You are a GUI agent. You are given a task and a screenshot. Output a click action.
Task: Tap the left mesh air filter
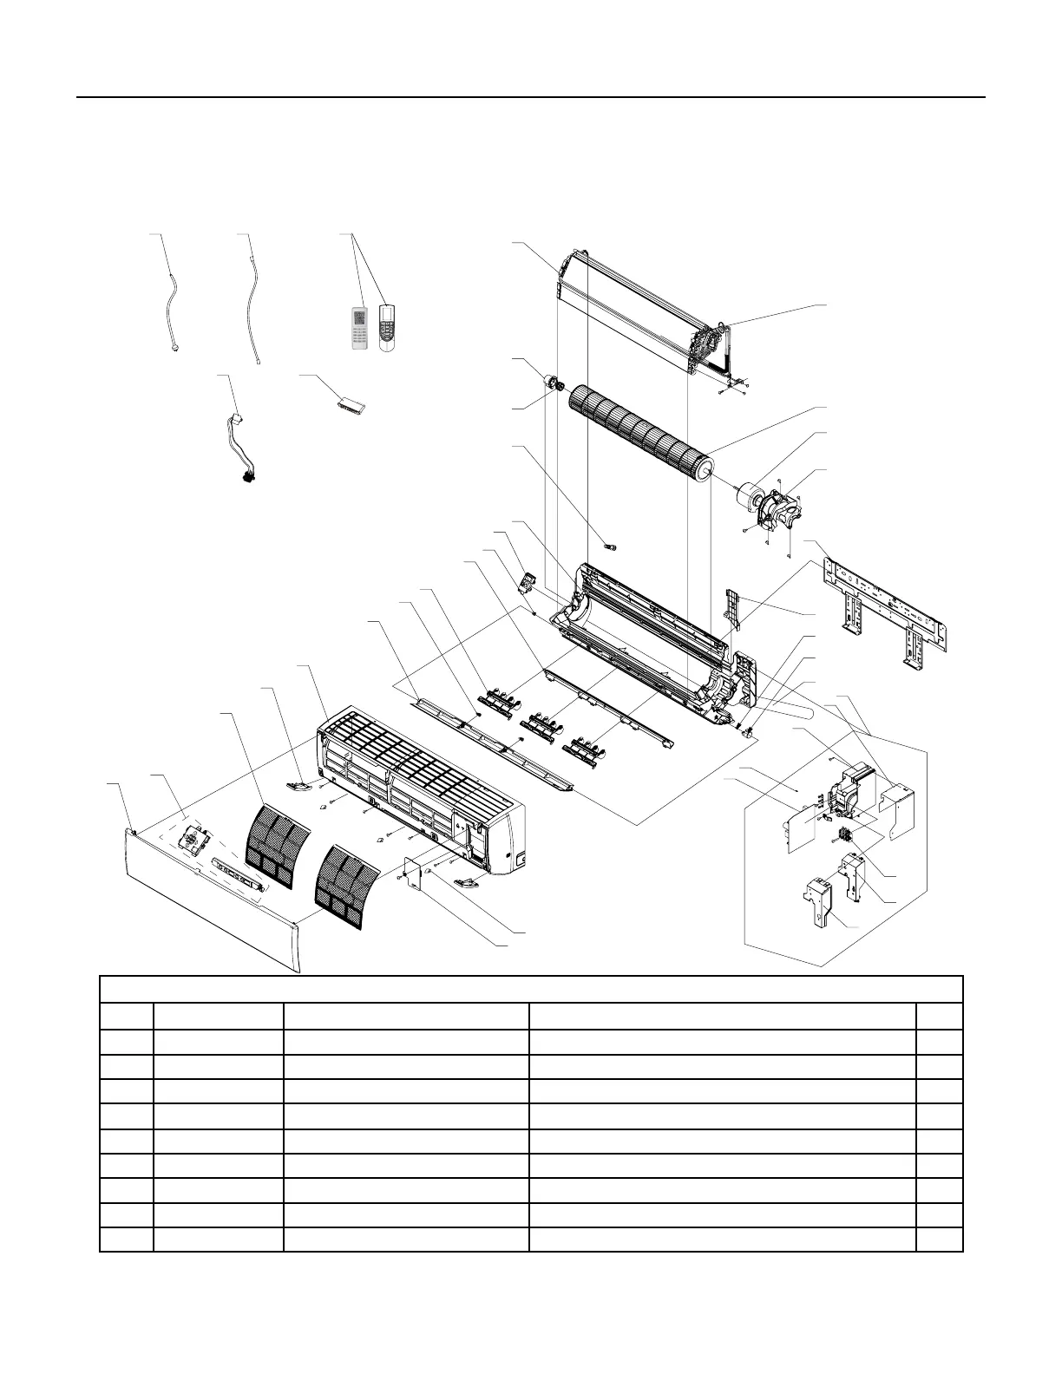click(x=279, y=836)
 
